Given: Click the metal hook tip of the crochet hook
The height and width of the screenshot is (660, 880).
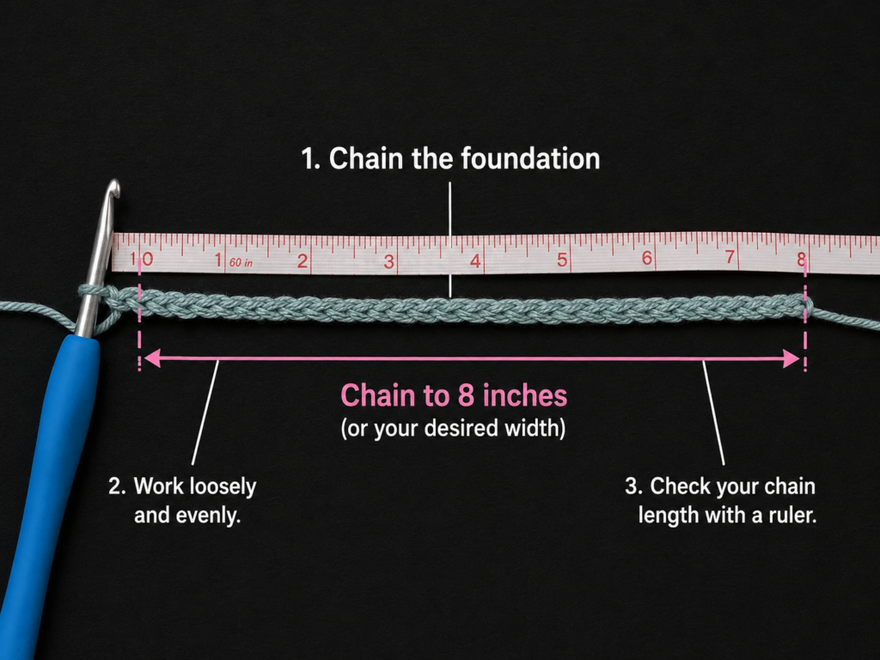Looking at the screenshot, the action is pyautogui.click(x=113, y=186).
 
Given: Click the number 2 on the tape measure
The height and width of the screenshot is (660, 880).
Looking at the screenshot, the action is pyautogui.click(x=302, y=261).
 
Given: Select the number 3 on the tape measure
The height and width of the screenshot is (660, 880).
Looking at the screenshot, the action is pyautogui.click(x=389, y=261).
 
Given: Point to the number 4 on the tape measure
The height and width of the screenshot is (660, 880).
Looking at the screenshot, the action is pyautogui.click(x=475, y=261).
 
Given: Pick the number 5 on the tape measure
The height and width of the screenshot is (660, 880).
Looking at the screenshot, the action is pyautogui.click(x=562, y=260).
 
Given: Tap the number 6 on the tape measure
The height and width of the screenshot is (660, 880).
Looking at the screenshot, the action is pyautogui.click(x=647, y=258).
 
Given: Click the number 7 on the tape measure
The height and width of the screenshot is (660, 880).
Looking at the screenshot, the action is pyautogui.click(x=730, y=256).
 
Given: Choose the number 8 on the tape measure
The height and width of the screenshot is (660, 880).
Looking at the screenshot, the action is pyautogui.click(x=802, y=258).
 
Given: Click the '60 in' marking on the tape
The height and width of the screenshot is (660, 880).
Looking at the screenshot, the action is pyautogui.click(x=241, y=263).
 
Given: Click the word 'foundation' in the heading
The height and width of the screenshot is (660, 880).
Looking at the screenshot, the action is pyautogui.click(x=530, y=159).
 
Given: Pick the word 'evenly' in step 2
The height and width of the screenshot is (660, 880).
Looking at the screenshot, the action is pyautogui.click(x=208, y=516).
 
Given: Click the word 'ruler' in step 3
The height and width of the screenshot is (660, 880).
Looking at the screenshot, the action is pyautogui.click(x=792, y=516).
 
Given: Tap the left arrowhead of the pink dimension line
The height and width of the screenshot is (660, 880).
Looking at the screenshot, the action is pyautogui.click(x=152, y=358).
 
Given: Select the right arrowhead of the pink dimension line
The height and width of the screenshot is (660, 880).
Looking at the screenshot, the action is pyautogui.click(x=791, y=358).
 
